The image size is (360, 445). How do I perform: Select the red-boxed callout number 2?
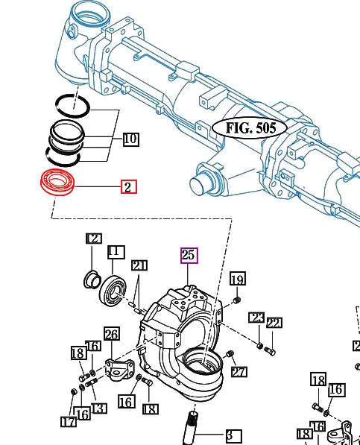pos(128,186)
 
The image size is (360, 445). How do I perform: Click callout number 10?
pos(130,139)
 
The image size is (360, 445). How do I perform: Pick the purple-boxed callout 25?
pos(189,255)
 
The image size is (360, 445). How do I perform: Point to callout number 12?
pos(93,239)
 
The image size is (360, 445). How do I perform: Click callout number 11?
pos(115,251)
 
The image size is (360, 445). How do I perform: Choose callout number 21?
pos(139,265)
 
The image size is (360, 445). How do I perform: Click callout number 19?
pos(237,279)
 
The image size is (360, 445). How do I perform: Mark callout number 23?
pos(256,318)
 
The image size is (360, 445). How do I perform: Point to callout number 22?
pos(274,323)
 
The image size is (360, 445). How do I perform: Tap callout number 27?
pos(239,372)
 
